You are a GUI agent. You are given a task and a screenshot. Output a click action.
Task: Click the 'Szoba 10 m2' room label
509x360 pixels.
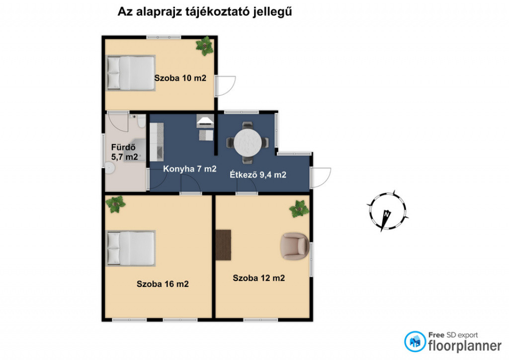(180, 78)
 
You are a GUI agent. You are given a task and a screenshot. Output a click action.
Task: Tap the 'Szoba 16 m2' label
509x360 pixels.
(163, 284)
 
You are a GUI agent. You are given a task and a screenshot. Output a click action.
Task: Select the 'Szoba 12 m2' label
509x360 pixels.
(258, 278)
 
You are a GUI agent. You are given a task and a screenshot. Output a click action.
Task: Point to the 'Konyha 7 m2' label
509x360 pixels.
(189, 169)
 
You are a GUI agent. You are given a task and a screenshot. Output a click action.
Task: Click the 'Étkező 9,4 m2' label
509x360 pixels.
(258, 175)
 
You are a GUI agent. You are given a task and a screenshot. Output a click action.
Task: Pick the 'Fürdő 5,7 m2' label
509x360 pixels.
(124, 152)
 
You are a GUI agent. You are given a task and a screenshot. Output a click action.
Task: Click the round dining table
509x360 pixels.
(248, 143)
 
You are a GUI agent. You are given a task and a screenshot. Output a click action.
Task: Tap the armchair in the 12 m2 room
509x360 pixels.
(295, 246)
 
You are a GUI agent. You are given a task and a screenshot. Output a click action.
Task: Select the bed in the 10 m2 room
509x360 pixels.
(131, 73)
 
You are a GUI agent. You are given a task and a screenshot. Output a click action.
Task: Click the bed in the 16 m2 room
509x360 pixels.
(131, 248)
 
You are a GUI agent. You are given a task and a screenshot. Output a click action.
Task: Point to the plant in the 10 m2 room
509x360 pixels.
(205, 46)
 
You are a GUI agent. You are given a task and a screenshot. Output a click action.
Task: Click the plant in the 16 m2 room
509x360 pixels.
(115, 204)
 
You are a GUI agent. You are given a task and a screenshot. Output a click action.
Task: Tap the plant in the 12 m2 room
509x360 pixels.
(299, 209)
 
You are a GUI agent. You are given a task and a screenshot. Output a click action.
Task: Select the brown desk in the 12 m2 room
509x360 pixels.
(223, 245)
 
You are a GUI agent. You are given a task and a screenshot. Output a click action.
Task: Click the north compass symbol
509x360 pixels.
(387, 211)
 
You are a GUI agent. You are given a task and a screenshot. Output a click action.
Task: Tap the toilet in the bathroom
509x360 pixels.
(141, 121)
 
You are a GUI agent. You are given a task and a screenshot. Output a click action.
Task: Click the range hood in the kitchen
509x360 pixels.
(205, 121)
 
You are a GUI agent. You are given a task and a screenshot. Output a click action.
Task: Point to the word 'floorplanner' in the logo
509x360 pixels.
(465, 346)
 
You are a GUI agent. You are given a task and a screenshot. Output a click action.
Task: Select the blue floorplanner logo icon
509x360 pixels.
(415, 342)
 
